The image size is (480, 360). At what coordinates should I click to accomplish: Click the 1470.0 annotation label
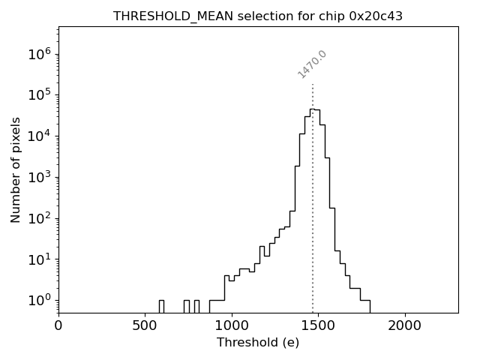pos(312,64)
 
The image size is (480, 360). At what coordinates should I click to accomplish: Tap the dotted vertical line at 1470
pos(313,225)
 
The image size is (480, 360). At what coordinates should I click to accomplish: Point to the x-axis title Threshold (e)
pos(258,343)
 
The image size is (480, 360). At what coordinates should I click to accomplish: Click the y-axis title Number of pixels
pos(16,169)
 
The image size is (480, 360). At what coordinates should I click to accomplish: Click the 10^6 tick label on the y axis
pos(40,54)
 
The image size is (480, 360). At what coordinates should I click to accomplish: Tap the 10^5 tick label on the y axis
pos(40,95)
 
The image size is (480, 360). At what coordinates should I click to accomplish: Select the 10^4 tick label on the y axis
pos(40,136)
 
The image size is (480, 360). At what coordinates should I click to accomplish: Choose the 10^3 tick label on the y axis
pos(40,178)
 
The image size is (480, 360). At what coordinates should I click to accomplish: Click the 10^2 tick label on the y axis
pos(40,219)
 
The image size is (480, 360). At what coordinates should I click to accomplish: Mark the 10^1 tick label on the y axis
pos(40,259)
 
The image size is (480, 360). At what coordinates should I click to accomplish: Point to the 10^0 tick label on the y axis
pos(40,301)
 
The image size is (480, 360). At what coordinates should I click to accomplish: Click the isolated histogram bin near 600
pos(161,306)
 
